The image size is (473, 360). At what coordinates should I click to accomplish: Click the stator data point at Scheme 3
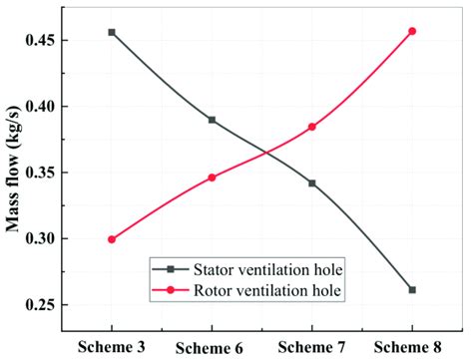(112, 32)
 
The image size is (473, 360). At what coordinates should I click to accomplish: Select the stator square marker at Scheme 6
(212, 120)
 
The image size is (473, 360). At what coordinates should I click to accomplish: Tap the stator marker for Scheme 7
(312, 183)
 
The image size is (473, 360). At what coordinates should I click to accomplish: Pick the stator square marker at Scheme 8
(412, 290)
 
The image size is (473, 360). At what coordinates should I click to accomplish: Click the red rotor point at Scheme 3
(112, 239)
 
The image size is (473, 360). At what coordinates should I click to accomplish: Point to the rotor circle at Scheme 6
(212, 178)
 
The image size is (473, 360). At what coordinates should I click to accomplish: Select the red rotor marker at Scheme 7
(312, 127)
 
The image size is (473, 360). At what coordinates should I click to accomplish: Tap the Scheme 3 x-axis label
(112, 344)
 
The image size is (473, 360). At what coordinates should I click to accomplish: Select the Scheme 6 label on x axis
(212, 346)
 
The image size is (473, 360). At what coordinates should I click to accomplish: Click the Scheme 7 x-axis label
(312, 346)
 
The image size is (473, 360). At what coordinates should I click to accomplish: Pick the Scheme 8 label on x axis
(412, 346)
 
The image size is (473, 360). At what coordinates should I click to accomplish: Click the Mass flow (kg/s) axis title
(16, 174)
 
